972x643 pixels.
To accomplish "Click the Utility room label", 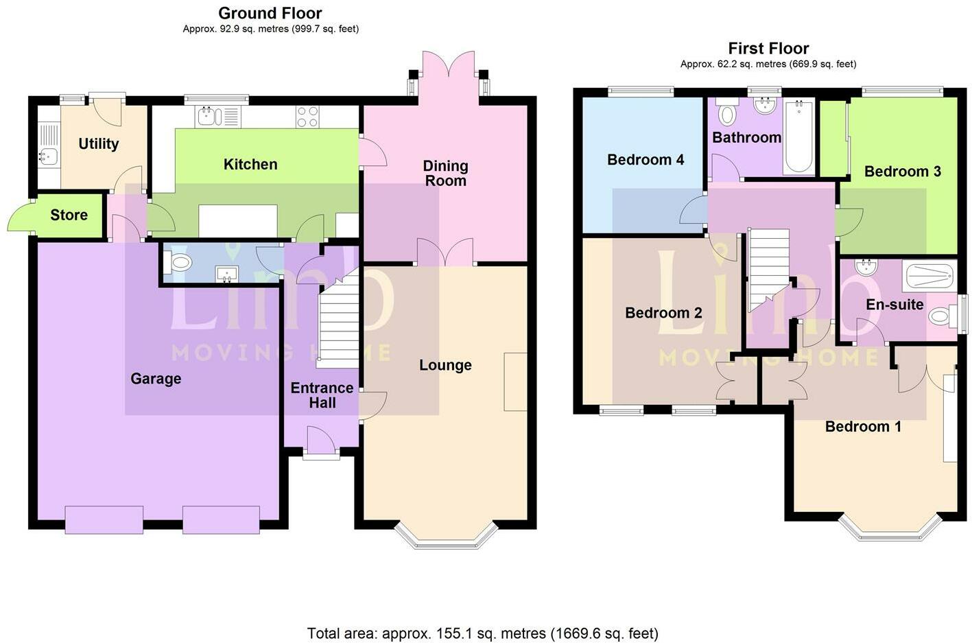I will tap(98, 143).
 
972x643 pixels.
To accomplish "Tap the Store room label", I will tap(69, 215).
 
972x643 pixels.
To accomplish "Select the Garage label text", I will tap(156, 378).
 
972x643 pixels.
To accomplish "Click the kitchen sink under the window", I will tap(209, 117).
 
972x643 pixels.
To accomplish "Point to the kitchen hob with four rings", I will tap(307, 117).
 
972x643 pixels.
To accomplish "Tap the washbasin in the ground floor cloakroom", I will tap(227, 274).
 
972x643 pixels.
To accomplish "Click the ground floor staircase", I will tap(340, 323).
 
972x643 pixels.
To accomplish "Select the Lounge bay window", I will tap(446, 539).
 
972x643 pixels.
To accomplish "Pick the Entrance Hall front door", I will tap(321, 441).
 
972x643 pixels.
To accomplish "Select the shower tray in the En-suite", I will tap(929, 276).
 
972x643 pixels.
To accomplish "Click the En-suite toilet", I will tap(941, 316).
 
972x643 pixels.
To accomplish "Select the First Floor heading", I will tap(768, 48).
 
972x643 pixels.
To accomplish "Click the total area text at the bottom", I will tap(482, 633).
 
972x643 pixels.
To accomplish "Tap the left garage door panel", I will tap(104, 519).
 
